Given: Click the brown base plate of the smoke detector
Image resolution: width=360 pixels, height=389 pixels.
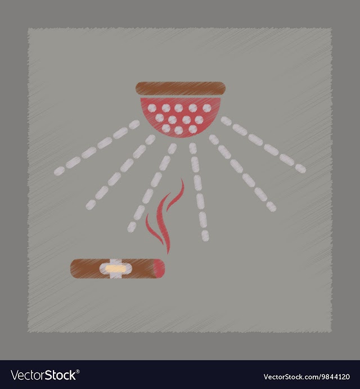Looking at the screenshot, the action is click(x=181, y=88).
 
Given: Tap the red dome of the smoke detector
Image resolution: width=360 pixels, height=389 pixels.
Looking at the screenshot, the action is click(x=181, y=116).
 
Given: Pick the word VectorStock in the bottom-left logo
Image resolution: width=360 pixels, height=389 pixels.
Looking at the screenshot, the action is click(x=43, y=376).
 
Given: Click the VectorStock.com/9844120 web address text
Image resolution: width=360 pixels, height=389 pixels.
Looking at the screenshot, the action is click(x=307, y=377).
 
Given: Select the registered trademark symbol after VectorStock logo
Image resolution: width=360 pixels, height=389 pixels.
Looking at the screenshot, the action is click(x=78, y=372).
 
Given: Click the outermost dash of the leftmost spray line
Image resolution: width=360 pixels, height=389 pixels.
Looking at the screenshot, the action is click(x=59, y=171).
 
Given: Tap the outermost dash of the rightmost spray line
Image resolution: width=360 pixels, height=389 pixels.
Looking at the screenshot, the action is click(x=300, y=169).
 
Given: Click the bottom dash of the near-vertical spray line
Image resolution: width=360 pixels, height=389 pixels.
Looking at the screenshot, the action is click(x=205, y=236).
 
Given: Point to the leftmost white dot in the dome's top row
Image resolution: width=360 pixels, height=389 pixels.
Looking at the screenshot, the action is click(x=152, y=108).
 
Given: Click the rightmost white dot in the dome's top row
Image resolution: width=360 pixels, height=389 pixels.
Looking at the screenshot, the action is click(x=207, y=108).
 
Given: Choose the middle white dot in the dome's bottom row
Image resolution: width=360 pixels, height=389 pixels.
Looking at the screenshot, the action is click(x=179, y=130).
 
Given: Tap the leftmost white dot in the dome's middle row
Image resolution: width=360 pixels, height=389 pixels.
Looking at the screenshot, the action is click(x=160, y=118).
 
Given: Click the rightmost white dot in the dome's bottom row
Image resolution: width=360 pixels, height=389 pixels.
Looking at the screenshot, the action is click(x=193, y=129).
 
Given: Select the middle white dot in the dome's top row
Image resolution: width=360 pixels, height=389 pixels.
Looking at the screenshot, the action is click(x=178, y=108).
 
